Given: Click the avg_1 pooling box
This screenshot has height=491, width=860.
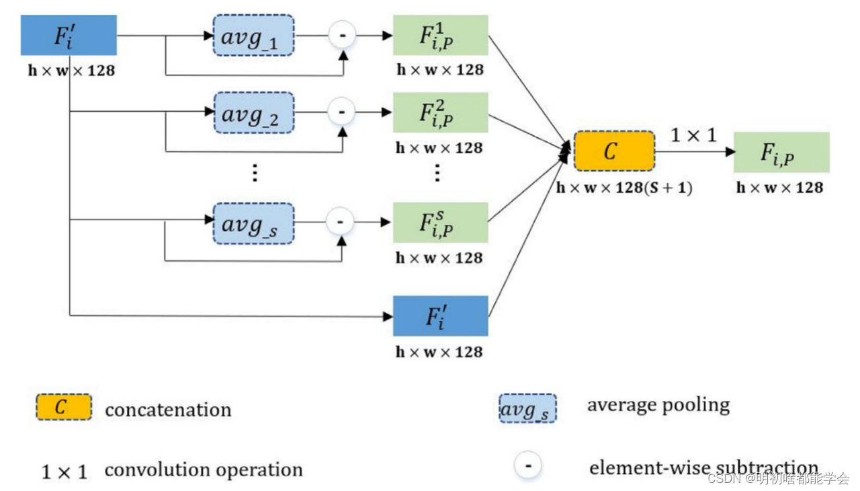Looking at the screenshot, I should (254, 36).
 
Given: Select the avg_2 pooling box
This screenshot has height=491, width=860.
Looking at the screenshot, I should (254, 112).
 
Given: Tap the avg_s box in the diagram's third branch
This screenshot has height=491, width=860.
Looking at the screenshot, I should (254, 223).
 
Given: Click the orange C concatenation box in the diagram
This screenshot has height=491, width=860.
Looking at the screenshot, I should (613, 151).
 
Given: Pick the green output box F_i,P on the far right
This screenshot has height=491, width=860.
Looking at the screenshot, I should (781, 152).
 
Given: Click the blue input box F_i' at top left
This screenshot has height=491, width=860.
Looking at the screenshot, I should (69, 35).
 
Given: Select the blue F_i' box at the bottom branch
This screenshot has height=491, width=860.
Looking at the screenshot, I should (440, 316).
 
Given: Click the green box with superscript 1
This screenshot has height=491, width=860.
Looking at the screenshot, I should (440, 36).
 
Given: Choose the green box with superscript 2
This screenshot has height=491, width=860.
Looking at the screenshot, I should (440, 112).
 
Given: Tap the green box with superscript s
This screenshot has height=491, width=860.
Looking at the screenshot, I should (440, 223).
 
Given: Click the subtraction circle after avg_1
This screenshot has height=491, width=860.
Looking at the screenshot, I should (342, 36).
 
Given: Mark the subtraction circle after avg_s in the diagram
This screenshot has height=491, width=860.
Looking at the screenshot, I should (340, 222).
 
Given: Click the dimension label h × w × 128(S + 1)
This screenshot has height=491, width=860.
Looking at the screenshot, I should (623, 188).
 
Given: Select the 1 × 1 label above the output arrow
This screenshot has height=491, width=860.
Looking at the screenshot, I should (693, 135).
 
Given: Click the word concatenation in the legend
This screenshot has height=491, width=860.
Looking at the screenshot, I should (168, 410).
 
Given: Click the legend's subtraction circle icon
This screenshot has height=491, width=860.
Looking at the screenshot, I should (528, 466).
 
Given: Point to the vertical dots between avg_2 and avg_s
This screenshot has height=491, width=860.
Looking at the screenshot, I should (255, 173).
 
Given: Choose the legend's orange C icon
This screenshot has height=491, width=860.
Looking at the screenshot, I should (63, 408).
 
